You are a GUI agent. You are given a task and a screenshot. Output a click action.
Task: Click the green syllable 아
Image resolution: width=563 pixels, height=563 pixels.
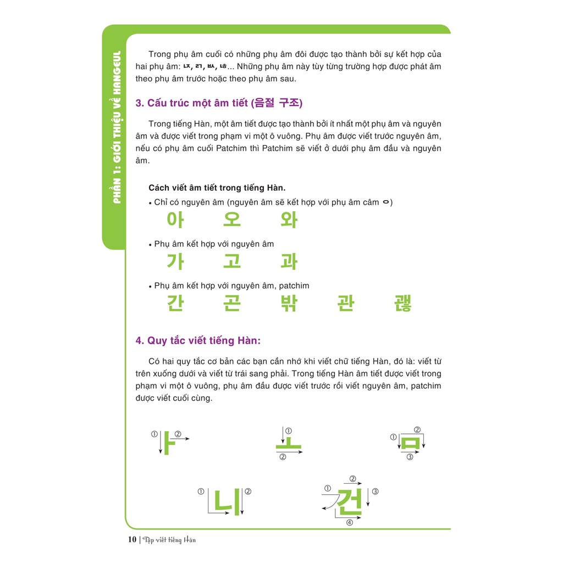[x=175, y=219]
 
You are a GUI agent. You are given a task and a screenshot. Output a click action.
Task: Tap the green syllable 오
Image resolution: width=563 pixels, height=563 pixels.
[x=231, y=219]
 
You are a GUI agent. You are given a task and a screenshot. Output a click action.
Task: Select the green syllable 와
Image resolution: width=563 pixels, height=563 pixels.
[x=289, y=220]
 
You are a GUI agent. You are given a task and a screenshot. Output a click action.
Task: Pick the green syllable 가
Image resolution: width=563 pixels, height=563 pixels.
[x=175, y=261]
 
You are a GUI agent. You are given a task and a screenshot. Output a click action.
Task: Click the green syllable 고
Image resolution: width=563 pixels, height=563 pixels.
[x=231, y=261]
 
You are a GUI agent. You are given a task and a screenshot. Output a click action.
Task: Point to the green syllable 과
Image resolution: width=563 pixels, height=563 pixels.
[x=289, y=261]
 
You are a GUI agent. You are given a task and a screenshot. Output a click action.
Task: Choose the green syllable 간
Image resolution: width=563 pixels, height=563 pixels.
[x=175, y=303]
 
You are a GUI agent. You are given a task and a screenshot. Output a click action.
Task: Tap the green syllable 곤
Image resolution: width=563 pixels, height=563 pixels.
[x=231, y=303]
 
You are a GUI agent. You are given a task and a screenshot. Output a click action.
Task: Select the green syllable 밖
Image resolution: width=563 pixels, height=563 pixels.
[x=289, y=303]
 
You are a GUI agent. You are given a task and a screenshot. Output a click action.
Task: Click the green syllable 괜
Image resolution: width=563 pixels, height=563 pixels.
[x=402, y=303]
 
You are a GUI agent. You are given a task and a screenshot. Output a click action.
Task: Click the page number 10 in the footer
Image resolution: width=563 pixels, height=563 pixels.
[x=132, y=539]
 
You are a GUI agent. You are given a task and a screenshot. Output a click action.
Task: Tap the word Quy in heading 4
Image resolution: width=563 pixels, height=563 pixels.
[x=157, y=341]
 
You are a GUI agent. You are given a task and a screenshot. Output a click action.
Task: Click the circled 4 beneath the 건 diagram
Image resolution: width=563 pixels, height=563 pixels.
[x=349, y=522]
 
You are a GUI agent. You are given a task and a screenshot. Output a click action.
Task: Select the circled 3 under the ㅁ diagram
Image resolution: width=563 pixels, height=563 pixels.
[x=410, y=457]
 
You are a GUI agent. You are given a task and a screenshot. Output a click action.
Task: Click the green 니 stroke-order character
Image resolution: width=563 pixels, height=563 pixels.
[x=227, y=501]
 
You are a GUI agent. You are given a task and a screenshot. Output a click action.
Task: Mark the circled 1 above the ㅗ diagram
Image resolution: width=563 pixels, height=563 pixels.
[x=288, y=430]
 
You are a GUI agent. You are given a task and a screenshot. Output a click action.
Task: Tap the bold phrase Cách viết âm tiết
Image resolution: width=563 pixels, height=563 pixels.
[x=182, y=188]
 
